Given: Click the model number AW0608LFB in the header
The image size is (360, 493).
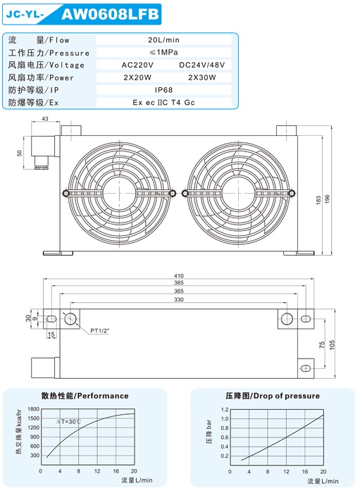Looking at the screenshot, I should coord(109,14).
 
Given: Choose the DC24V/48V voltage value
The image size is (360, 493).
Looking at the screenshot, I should coord(202,65).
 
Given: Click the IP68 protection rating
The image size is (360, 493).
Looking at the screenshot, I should coord(163,90).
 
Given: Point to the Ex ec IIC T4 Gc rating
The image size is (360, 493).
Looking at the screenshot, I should coord(163,103).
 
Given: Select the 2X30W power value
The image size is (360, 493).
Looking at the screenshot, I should coord(202,77).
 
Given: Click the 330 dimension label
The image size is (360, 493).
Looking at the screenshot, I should coord(179,300).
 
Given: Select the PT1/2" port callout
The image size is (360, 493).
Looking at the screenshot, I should coord(101,330).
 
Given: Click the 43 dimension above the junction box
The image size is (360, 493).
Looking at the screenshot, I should coord(45,120).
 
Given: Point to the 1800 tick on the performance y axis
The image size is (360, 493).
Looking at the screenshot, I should coord(32,409).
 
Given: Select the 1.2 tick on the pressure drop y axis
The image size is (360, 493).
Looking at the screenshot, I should coord(225,409).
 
